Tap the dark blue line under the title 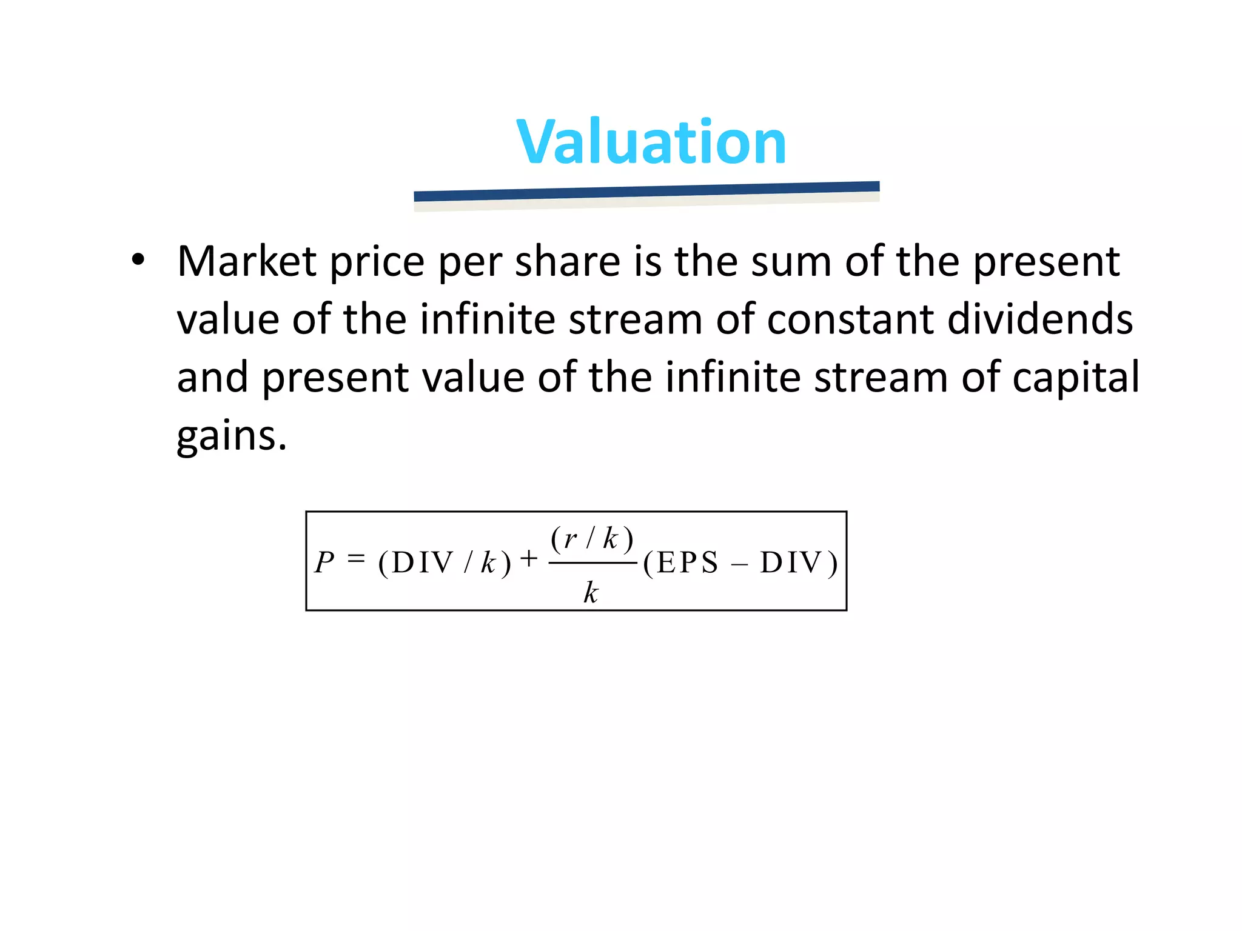646,192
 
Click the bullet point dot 138,260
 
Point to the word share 568,262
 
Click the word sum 791,262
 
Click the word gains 231,436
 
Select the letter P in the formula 324,562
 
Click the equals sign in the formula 357,558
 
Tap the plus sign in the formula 529,558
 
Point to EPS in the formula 688,562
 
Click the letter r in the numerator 570,538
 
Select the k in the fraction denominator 591,592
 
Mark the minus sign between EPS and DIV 739,565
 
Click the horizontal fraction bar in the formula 592,563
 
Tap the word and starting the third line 212,378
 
